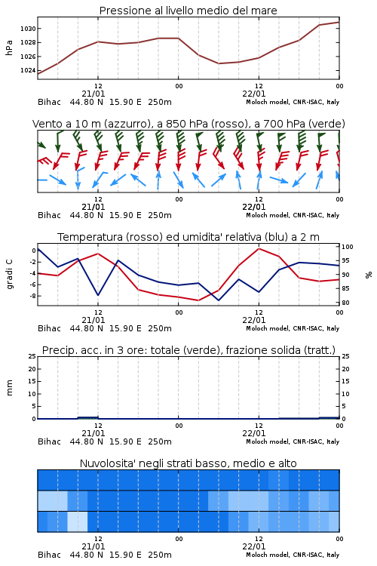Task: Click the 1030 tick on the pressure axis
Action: pos(28,29)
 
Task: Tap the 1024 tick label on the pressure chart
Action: pos(28,70)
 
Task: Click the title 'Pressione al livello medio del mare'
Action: pos(188,11)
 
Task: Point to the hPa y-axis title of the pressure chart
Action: pos(9,48)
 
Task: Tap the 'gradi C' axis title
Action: pos(10,275)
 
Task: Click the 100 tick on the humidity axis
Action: pos(348,247)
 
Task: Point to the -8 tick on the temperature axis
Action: pos(32,296)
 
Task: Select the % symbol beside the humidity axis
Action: pos(369,275)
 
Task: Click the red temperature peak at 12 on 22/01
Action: pos(259,248)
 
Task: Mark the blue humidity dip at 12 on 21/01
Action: pos(98,295)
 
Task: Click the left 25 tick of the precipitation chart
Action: pos(32,356)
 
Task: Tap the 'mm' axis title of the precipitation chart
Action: pos(10,388)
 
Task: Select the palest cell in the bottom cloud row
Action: pos(77,521)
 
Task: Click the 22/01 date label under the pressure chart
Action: pos(254,94)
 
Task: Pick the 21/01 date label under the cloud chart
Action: pos(93,546)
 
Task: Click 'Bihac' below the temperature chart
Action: pos(50,328)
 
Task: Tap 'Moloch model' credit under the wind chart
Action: pos(268,216)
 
